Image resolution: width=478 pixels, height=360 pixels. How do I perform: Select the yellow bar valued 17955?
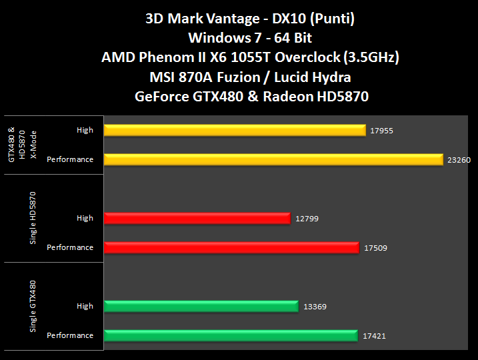(x=235, y=130)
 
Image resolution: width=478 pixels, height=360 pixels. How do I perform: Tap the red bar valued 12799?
(x=197, y=218)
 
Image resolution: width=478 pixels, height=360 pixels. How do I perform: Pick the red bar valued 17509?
(x=232, y=247)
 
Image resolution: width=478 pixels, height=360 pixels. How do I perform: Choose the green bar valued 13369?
(x=201, y=306)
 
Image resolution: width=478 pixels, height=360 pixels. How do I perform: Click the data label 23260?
(x=458, y=160)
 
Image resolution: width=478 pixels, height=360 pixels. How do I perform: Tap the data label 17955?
(x=381, y=131)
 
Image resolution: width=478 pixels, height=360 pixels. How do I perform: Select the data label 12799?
(x=305, y=219)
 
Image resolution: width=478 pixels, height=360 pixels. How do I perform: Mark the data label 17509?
(x=375, y=248)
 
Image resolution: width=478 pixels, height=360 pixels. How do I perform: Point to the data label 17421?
(x=374, y=336)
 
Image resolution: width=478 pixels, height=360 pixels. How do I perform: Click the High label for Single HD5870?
(x=85, y=218)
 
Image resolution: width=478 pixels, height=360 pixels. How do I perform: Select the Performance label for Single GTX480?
(x=70, y=335)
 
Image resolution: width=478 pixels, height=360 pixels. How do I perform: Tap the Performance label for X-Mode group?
(x=70, y=159)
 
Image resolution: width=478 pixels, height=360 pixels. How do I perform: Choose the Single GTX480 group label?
(x=33, y=306)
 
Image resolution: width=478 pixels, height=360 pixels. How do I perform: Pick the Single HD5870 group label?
(x=33, y=218)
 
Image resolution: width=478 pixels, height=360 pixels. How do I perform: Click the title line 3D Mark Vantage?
(x=250, y=19)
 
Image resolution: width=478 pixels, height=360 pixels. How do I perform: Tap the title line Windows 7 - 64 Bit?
(x=250, y=38)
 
